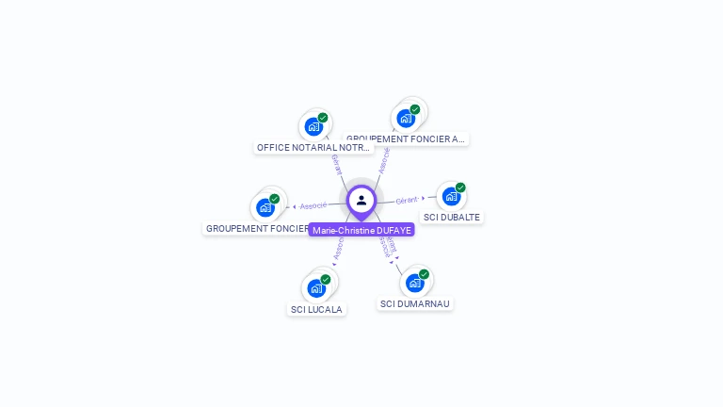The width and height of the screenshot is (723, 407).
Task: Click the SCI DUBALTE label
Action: tap(452, 217)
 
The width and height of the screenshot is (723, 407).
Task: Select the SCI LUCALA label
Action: tap(316, 309)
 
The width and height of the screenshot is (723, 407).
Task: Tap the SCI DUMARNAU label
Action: tap(415, 304)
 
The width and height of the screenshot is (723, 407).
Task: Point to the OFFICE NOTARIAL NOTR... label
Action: tap(314, 148)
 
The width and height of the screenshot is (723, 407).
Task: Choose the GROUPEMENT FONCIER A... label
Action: tap(406, 138)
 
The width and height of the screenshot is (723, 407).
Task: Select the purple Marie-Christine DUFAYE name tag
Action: tap(362, 230)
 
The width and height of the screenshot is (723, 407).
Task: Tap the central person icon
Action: tap(361, 200)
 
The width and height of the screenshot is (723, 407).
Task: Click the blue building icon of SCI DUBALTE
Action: tap(451, 197)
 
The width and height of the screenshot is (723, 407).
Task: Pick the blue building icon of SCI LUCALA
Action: tap(315, 287)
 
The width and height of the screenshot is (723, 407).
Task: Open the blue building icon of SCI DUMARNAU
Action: tap(414, 283)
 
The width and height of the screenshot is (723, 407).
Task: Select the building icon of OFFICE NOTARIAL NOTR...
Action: tap(313, 126)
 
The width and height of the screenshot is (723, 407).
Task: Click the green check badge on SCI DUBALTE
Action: tap(460, 187)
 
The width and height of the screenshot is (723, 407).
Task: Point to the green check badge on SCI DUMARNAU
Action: tap(424, 274)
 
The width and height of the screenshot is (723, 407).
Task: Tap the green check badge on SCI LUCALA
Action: tap(326, 279)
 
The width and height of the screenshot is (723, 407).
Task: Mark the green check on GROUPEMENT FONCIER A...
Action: tap(415, 109)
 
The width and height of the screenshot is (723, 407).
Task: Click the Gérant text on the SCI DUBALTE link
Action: tap(407, 200)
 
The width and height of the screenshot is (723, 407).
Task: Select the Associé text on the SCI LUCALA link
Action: tap(338, 247)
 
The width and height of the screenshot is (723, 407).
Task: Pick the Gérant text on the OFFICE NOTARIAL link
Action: tap(336, 164)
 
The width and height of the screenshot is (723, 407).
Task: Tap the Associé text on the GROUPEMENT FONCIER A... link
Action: tap(384, 159)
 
